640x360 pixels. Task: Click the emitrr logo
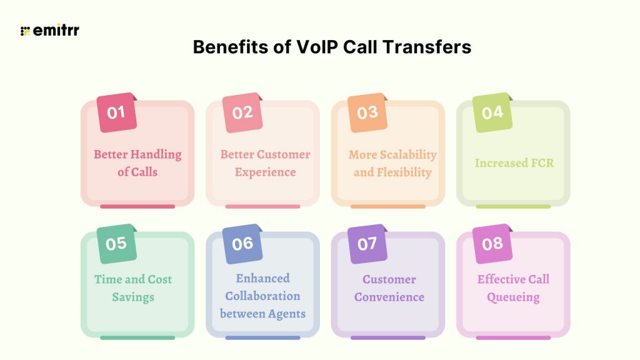[x=50, y=31]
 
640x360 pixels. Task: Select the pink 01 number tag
[x=117, y=112]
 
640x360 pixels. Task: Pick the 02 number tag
[x=242, y=112]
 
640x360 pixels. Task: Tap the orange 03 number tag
[x=367, y=112]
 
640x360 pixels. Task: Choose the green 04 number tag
[x=492, y=112]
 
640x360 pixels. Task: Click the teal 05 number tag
[x=117, y=244]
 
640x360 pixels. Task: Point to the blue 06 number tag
[x=242, y=244]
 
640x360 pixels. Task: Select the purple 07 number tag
[x=367, y=244]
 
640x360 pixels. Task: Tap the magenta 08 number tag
[x=492, y=244]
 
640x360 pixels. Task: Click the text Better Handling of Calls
[x=137, y=162]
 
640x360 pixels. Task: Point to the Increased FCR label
[x=514, y=163]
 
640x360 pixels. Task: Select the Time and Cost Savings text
[x=133, y=287]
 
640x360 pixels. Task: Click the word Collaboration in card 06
[x=262, y=296]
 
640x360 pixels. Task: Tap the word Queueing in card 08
[x=514, y=297]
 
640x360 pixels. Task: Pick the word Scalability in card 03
[x=410, y=154]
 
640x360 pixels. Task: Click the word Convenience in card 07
[x=389, y=297]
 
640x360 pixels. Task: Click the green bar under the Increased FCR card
[x=513, y=206]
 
